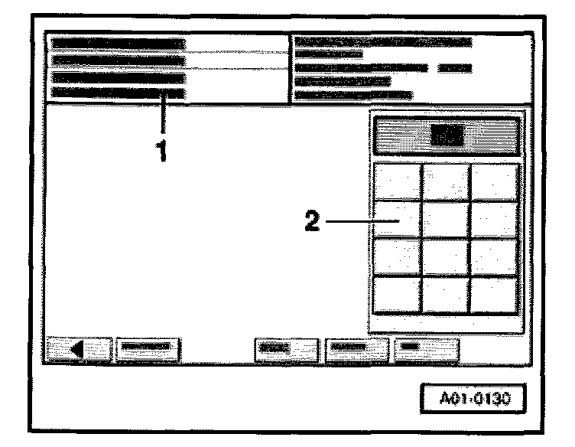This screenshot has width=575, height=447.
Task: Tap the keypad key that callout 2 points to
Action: pos(398,219)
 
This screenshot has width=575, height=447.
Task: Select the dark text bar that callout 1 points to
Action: pos(119,93)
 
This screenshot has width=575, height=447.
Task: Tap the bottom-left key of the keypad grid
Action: pos(398,295)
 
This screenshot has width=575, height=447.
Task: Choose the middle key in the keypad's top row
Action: pos(447,182)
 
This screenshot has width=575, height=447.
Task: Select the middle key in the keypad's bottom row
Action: pos(447,295)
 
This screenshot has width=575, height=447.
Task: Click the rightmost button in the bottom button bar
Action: pos(426,349)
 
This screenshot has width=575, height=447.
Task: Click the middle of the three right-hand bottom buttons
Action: pos(356,349)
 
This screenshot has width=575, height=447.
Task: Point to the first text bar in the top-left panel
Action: pos(119,44)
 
